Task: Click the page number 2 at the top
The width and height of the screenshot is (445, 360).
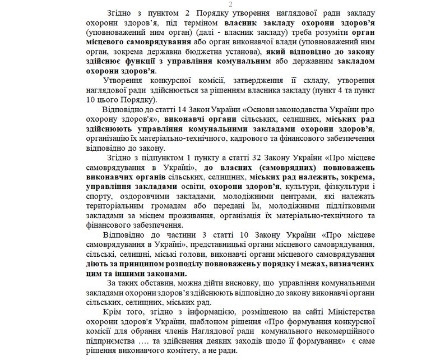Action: click(x=222, y=4)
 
